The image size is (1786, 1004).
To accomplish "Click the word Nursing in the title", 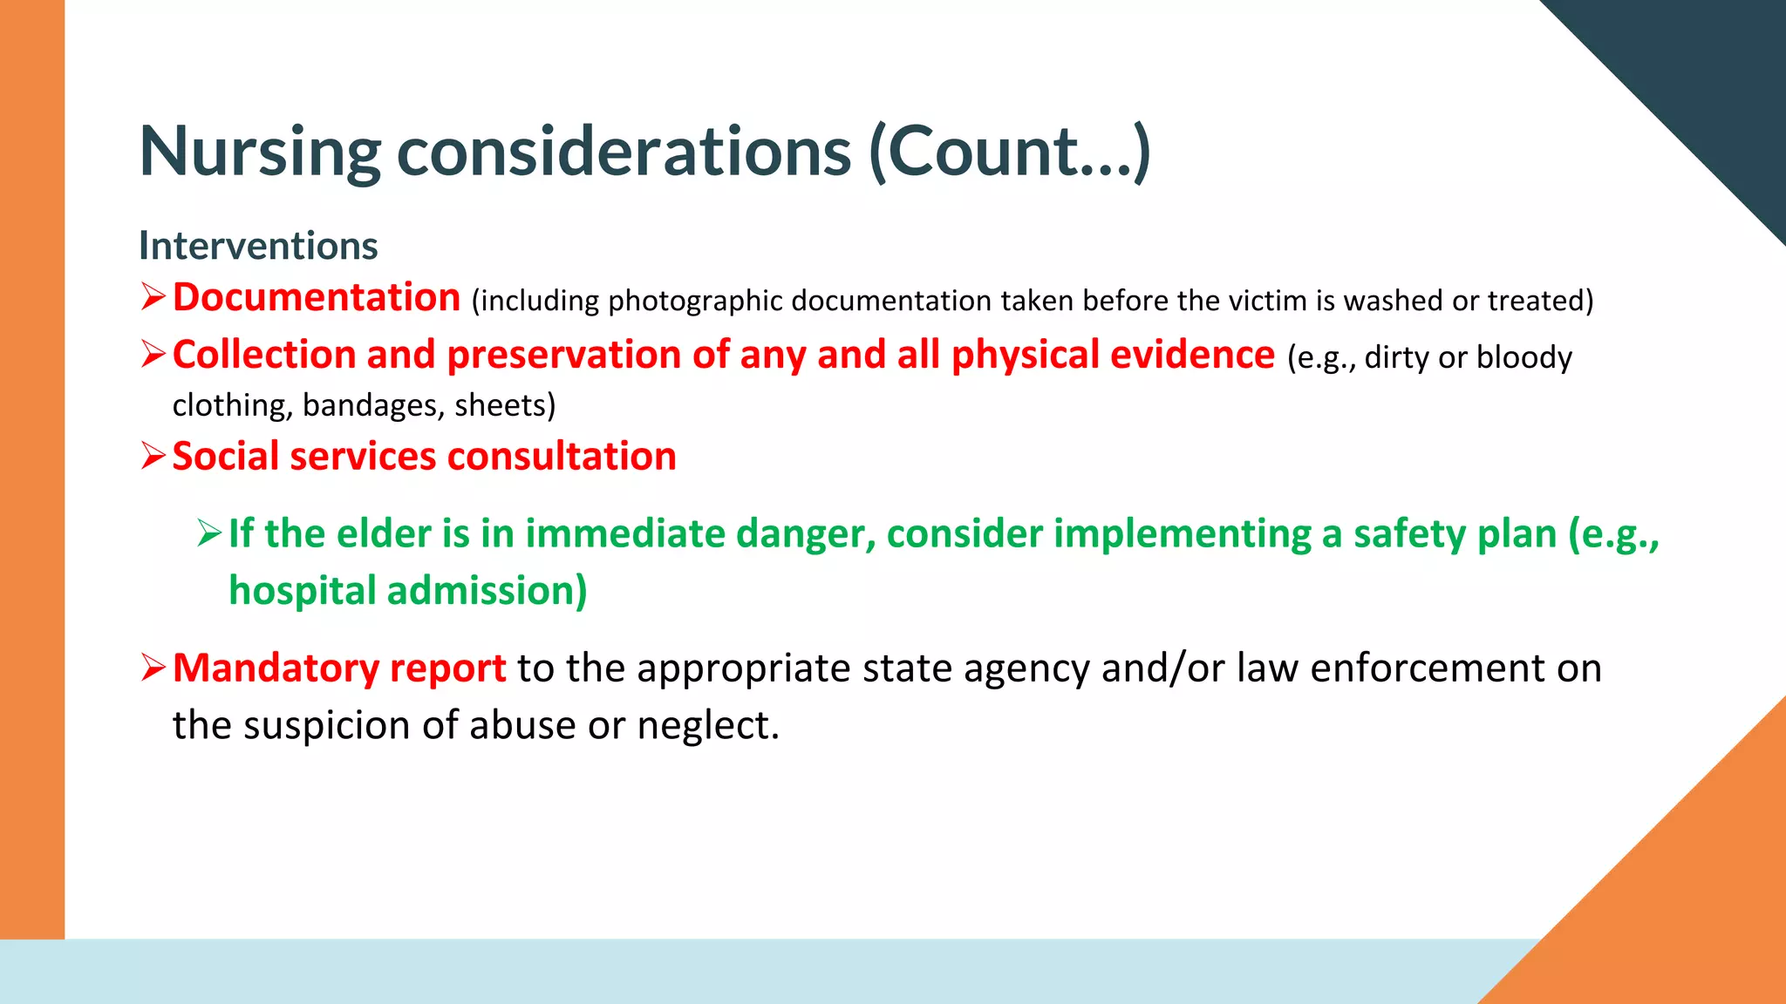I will click(x=260, y=153).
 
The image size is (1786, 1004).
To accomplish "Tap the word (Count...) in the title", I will click(x=1010, y=153).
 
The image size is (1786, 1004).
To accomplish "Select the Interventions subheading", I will click(x=258, y=246).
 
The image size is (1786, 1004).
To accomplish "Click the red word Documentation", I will click(x=317, y=298).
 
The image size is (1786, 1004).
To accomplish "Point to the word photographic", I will click(x=695, y=302).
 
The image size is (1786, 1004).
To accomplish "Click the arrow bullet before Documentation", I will click(x=153, y=298).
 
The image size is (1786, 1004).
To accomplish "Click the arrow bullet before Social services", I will click(x=153, y=457).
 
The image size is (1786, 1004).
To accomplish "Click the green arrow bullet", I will click(x=210, y=533).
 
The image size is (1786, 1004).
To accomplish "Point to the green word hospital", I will click(x=302, y=591).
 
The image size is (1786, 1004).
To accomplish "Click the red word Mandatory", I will click(x=276, y=668).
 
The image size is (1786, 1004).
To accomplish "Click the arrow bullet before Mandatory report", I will click(x=153, y=668).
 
